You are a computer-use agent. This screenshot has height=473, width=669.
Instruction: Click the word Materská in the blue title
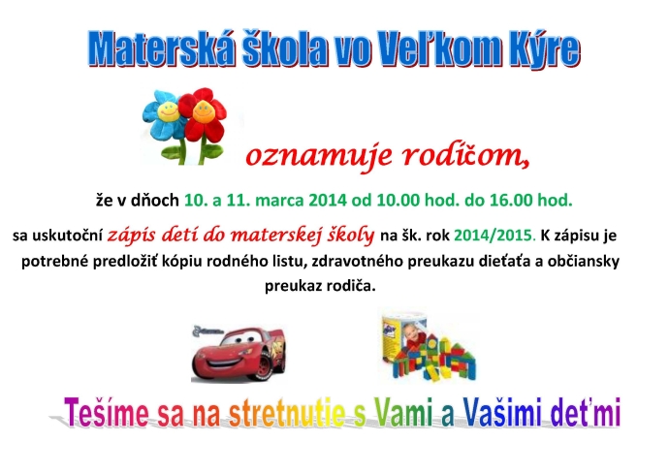coord(162,48)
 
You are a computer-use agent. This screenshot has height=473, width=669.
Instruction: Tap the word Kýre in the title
coord(545,48)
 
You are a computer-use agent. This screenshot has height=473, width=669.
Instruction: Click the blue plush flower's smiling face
coord(168,111)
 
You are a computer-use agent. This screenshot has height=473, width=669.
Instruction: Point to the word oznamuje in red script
coord(318,156)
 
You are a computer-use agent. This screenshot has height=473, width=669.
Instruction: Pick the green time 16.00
coord(511,200)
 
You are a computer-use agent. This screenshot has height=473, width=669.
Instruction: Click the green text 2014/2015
coord(494,235)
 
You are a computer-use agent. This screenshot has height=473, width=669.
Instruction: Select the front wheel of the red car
coord(264,366)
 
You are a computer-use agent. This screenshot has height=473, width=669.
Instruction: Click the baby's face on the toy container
coord(413,331)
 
